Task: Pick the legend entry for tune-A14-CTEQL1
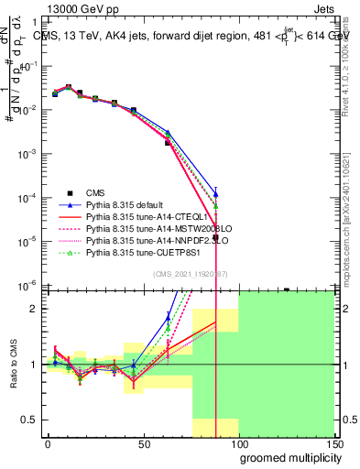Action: click(x=137, y=216)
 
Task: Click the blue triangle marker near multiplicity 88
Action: click(x=215, y=193)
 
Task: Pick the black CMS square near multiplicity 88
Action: click(x=215, y=237)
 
